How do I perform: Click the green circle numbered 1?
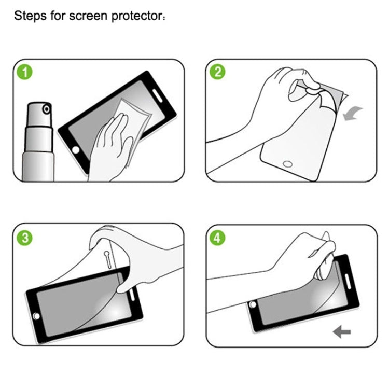24,72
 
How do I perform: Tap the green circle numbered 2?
217,72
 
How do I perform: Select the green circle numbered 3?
24,238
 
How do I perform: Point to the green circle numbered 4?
217,238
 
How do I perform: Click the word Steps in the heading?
30,16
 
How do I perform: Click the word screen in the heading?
88,16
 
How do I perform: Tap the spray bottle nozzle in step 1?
46,109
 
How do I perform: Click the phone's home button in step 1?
75,150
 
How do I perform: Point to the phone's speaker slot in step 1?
157,95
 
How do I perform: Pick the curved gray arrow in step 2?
352,113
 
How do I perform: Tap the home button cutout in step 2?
287,164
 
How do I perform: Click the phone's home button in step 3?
36,316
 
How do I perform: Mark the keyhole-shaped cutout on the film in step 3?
108,259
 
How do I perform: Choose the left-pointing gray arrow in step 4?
342,332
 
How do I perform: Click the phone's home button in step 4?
253,304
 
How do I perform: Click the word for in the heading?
58,16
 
